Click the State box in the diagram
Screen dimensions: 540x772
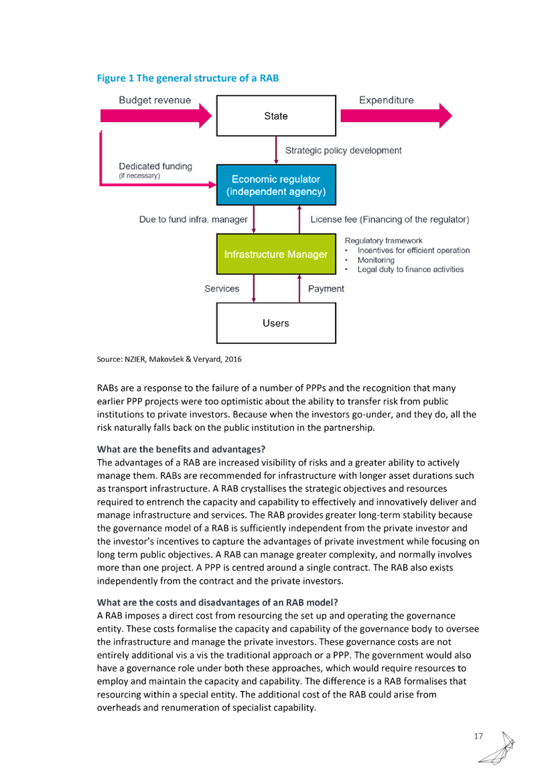point(276,116)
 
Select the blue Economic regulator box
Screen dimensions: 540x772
point(276,185)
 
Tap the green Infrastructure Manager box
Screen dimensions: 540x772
point(276,254)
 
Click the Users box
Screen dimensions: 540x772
point(276,323)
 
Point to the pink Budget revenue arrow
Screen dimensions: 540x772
point(156,116)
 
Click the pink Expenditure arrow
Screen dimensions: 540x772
point(396,116)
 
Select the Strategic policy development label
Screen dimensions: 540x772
point(344,151)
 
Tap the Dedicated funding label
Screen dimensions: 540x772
point(155,166)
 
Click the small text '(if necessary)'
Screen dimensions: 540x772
point(139,176)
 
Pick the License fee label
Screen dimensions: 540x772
point(390,220)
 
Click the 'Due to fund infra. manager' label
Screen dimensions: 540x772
point(194,220)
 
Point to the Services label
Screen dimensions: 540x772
point(222,289)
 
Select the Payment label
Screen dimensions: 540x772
point(326,289)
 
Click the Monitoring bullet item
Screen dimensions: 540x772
point(376,260)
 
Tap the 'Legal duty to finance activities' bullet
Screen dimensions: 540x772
point(411,269)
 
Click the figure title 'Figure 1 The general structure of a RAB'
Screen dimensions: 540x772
point(188,78)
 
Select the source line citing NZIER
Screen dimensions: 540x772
point(170,359)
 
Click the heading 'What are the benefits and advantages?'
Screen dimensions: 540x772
point(181,450)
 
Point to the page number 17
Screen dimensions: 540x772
point(478,736)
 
